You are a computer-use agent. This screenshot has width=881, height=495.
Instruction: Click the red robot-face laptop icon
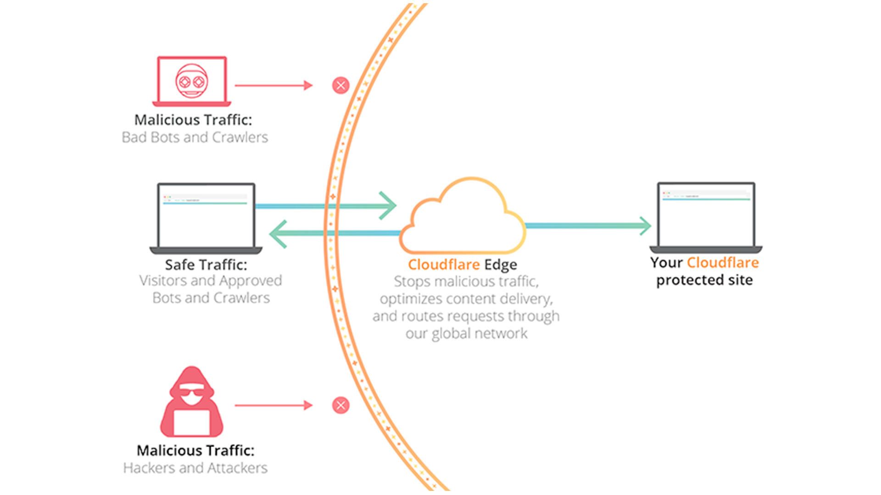192,82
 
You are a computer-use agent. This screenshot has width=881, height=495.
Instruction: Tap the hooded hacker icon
192,403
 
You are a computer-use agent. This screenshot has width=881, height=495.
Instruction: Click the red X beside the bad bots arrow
340,85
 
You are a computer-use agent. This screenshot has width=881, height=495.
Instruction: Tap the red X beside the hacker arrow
340,405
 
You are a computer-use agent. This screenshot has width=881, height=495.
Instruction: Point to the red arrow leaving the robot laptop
273,85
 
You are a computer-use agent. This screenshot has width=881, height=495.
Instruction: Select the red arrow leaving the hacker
273,405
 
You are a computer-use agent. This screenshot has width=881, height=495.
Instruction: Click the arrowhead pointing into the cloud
389,206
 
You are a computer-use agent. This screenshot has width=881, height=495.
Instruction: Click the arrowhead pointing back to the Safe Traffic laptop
278,233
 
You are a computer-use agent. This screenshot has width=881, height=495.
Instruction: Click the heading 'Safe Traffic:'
206,265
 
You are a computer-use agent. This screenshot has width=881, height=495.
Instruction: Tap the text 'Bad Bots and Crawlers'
195,137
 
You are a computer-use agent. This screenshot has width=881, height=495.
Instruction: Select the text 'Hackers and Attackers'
195,468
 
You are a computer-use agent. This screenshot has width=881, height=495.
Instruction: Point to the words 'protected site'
704,280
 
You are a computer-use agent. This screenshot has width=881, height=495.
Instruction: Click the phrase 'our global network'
466,333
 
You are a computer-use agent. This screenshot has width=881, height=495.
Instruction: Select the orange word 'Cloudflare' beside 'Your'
723,263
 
